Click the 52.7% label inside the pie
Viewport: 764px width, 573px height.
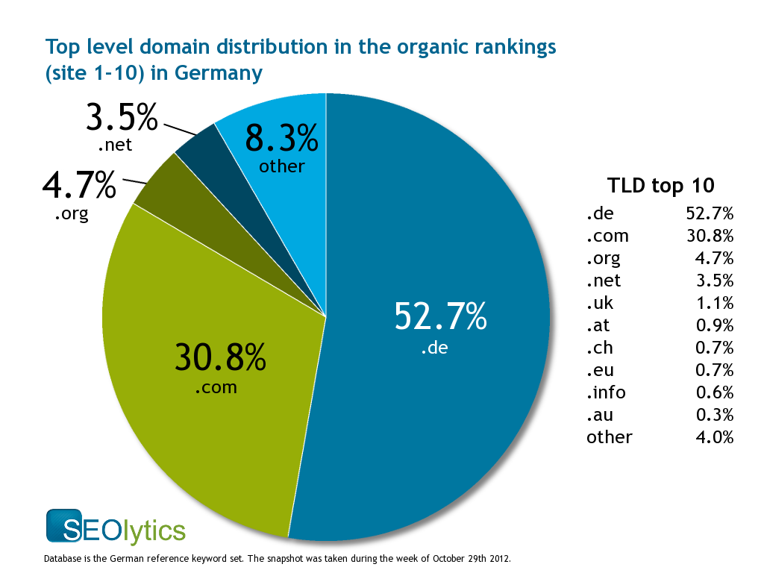coord(440,318)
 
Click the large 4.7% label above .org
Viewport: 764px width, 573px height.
coord(79,186)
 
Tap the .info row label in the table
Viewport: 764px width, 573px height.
coord(606,392)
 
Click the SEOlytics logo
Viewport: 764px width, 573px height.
coord(115,527)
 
